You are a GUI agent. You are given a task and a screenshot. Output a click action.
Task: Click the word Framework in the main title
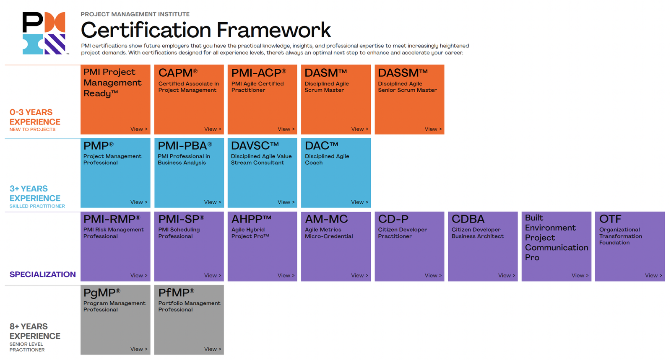click(x=273, y=30)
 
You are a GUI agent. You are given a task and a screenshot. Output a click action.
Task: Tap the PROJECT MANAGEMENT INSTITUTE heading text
click(x=135, y=14)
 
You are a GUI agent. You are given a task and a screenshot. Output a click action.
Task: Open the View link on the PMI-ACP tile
click(x=286, y=129)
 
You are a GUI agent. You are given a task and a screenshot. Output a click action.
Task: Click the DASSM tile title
click(x=403, y=73)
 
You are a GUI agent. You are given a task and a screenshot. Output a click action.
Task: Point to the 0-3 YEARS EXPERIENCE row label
click(x=35, y=117)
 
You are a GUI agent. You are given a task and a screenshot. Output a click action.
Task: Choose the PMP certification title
click(x=98, y=146)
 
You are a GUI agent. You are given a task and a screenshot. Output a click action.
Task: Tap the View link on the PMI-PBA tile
click(x=213, y=202)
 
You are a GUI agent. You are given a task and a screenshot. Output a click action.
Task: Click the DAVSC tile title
click(x=255, y=146)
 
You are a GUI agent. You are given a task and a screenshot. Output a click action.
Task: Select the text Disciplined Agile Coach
click(x=327, y=160)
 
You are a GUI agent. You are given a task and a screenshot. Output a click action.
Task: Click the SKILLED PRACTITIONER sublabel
click(x=37, y=206)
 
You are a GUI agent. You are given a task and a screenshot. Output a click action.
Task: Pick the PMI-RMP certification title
click(x=112, y=219)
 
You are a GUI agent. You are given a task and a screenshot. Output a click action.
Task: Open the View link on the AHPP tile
click(x=286, y=276)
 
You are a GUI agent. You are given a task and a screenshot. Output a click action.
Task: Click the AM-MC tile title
click(x=326, y=219)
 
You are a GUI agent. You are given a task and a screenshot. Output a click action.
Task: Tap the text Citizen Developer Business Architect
click(x=478, y=233)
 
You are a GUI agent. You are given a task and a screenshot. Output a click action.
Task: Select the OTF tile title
click(x=610, y=219)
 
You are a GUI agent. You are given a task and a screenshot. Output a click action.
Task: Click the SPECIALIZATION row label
click(x=42, y=275)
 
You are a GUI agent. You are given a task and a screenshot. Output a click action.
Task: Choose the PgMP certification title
click(x=102, y=293)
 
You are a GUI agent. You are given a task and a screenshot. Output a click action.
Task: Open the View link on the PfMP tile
click(x=213, y=349)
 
